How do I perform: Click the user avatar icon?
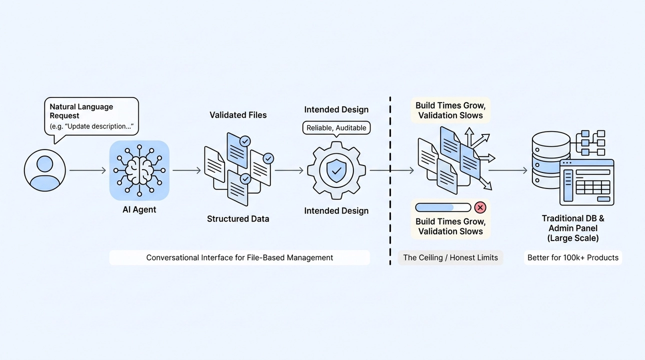tap(45, 170)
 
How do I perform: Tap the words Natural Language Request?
tap(81, 111)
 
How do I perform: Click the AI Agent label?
tap(139, 209)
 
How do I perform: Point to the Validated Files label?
tap(238, 115)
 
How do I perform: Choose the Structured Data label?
tap(238, 219)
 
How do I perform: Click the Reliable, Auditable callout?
tap(336, 128)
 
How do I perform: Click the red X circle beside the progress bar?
tap(480, 207)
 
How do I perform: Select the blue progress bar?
tap(443, 207)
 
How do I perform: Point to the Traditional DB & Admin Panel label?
tap(573, 228)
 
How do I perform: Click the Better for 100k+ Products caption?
tap(573, 257)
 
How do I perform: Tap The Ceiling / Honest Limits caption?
tap(450, 257)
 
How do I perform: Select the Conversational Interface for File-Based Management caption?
tap(239, 257)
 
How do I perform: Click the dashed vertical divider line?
tap(390, 181)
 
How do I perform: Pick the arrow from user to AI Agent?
tap(88, 170)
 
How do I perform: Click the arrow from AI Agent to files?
tap(186, 170)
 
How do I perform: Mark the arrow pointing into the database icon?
tap(508, 170)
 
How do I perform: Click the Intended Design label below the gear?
tap(336, 211)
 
